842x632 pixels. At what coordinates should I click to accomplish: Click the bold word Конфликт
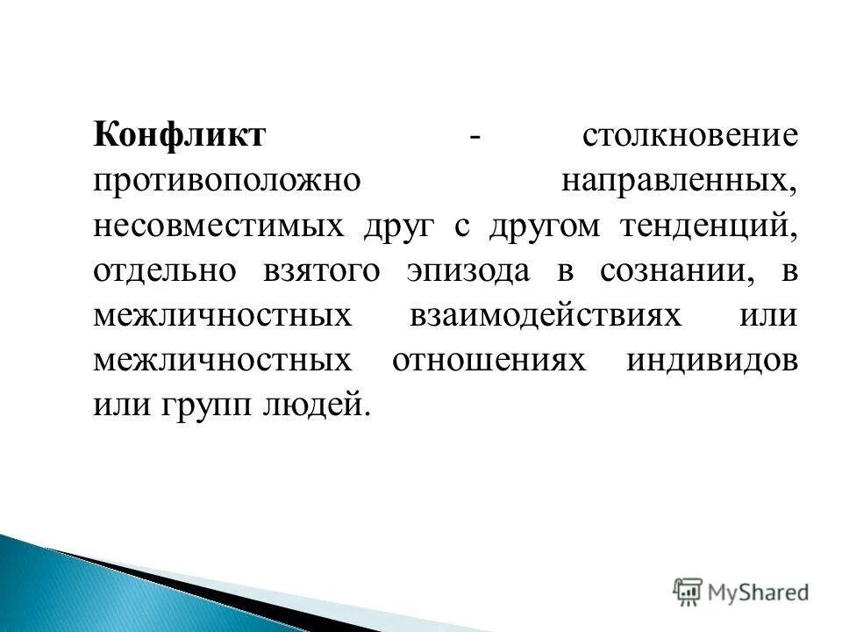[x=179, y=136]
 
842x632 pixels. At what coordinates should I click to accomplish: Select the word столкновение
[x=689, y=136]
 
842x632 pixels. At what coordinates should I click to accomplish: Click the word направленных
[x=680, y=181]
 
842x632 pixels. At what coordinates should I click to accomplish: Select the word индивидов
[x=712, y=361]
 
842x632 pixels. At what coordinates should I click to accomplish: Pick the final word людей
[x=315, y=406]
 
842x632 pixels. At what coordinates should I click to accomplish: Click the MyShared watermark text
[x=758, y=592]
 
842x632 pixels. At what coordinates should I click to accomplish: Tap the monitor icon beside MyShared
[x=689, y=592]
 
